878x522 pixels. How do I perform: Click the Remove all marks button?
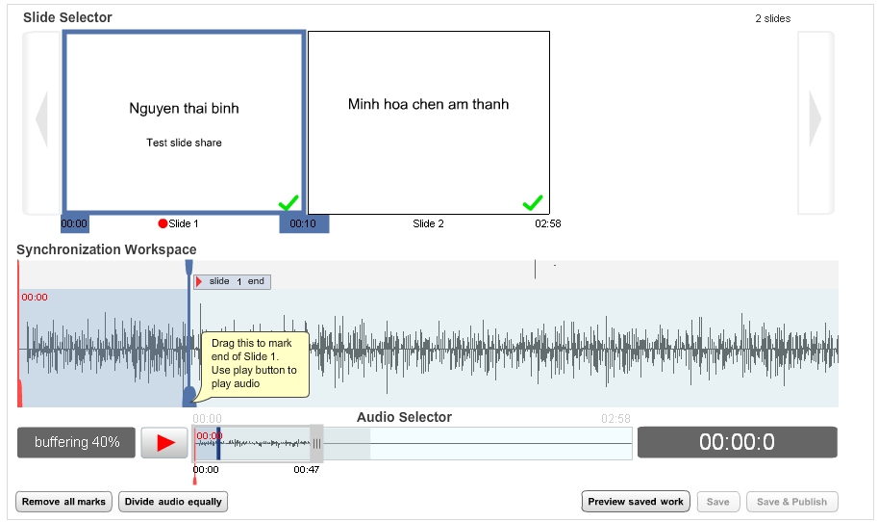pos(63,501)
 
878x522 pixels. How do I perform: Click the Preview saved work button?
pos(636,501)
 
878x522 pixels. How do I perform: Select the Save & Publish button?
pos(791,501)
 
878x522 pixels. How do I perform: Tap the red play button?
pos(164,442)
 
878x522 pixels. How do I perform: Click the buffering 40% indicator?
pos(76,442)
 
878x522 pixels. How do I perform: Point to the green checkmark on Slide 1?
pos(288,202)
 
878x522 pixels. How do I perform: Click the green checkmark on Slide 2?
pos(533,202)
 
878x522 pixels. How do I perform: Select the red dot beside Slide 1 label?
pos(163,223)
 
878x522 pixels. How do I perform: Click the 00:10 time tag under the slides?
pos(304,223)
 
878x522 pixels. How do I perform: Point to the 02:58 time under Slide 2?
pos(547,223)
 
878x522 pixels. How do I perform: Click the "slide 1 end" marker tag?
pos(232,281)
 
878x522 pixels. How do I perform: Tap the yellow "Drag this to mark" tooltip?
pos(255,364)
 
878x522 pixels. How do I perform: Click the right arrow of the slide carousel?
pos(815,118)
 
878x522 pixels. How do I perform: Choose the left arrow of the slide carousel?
pos(41,118)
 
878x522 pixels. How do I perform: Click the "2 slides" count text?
pos(773,18)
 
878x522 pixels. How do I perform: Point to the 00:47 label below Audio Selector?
pos(307,469)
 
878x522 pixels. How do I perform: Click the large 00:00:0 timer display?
pos(737,442)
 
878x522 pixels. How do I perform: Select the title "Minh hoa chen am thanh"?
pos(428,104)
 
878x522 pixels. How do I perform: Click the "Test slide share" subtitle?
pos(185,143)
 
